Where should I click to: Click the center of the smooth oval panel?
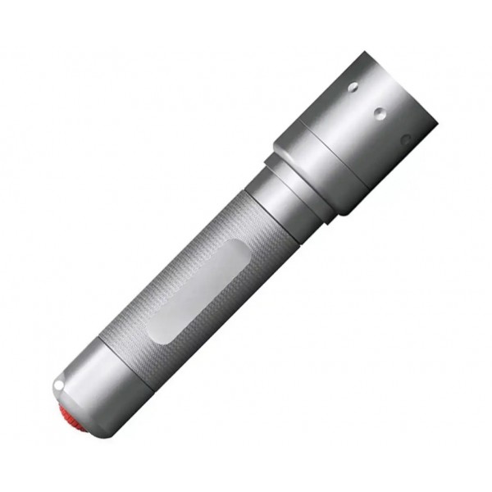198,292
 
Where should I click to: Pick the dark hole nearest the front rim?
404,139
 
